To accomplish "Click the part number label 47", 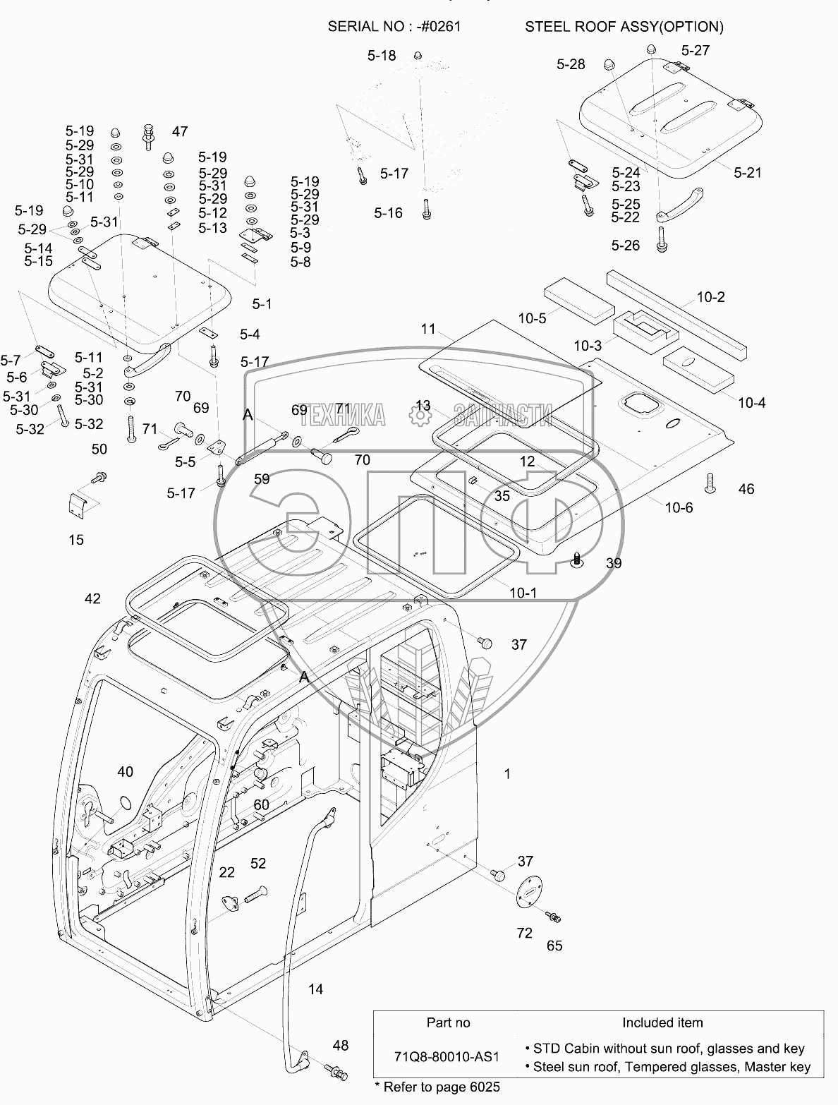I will [180, 131].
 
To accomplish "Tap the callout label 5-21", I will [748, 171].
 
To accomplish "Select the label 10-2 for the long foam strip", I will [711, 297].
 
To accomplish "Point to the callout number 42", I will [92, 598].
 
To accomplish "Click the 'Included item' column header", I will [662, 1022].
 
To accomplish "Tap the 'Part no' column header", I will [448, 1022].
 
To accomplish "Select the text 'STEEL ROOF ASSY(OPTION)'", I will [624, 27].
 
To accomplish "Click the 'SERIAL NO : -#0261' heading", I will [395, 27].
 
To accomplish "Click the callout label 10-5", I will [532, 318].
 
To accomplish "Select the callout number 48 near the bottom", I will [341, 1045].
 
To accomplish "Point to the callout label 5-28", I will [571, 64].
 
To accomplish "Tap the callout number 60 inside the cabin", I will [261, 804].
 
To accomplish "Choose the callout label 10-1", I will [523, 593].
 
